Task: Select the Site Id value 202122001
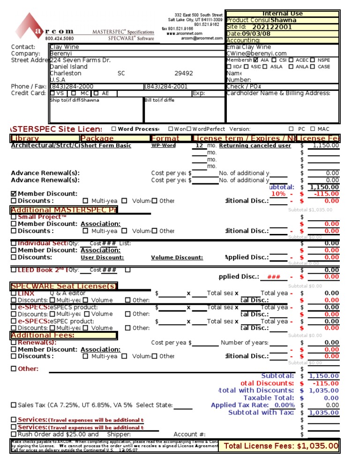[272, 27]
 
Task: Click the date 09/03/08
[256, 34]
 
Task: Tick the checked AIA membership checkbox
[255, 60]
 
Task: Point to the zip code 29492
[183, 74]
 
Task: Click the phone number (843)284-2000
[71, 87]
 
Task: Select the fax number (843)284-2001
[166, 87]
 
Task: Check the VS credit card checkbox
[52, 93]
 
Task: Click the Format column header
[165, 138]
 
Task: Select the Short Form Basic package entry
[106, 146]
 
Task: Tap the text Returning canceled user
[255, 146]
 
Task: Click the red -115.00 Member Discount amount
[325, 194]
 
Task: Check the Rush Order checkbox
[14, 435]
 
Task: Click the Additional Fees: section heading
[43, 335]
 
